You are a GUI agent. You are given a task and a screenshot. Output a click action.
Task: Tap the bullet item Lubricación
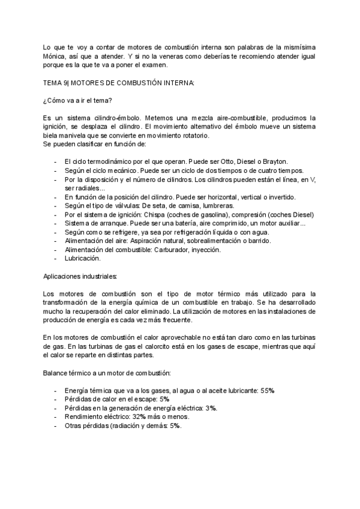(82, 258)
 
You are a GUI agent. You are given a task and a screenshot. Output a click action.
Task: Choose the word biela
(53, 135)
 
